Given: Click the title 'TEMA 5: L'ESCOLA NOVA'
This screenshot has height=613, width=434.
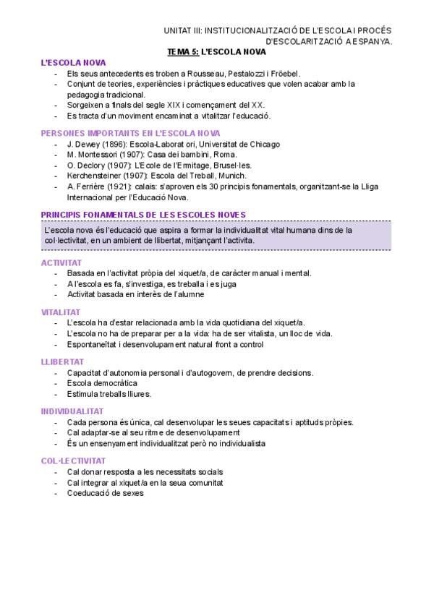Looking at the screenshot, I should click(x=216, y=52).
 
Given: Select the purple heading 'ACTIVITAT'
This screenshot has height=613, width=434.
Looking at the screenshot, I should click(x=61, y=262).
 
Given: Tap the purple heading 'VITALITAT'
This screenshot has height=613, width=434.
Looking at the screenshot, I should click(x=61, y=312).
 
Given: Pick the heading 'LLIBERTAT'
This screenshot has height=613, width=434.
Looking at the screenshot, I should click(x=62, y=361).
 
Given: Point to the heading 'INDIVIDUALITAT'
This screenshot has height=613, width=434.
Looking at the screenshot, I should click(x=72, y=411).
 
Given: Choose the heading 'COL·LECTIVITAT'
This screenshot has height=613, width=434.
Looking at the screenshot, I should click(x=74, y=460).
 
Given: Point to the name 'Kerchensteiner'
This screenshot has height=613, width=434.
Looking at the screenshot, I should click(x=95, y=175).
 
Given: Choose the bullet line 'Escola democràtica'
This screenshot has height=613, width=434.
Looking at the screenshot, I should click(x=102, y=382).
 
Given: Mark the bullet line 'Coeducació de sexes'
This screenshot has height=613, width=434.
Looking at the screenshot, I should click(x=106, y=493).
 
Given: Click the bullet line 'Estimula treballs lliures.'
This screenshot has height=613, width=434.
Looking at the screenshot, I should click(x=109, y=393).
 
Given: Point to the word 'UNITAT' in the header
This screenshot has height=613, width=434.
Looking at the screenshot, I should click(x=178, y=31).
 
